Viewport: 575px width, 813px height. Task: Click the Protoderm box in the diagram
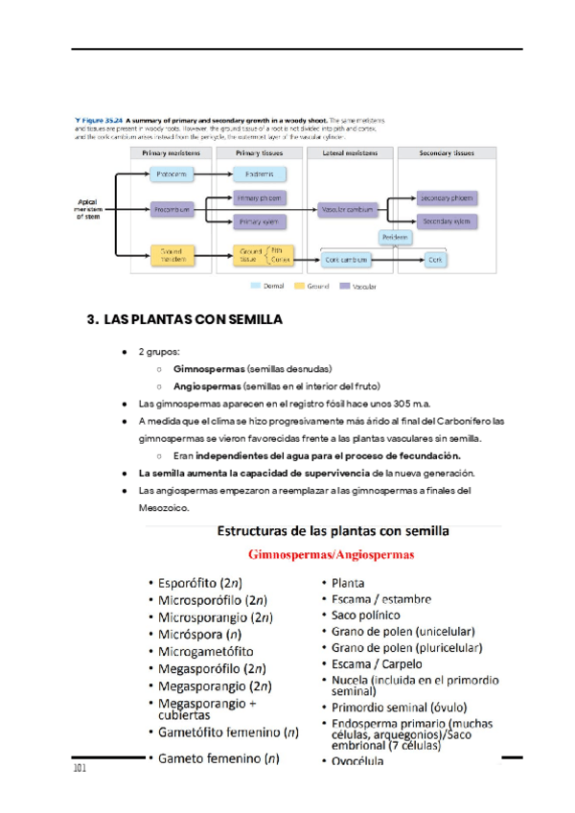tap(172, 174)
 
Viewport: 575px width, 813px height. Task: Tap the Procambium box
tap(172, 208)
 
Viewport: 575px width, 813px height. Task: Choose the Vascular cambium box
tap(346, 208)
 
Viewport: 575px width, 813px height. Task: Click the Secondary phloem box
tap(446, 198)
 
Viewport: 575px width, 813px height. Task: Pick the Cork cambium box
tap(346, 259)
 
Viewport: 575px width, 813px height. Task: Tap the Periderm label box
tap(395, 237)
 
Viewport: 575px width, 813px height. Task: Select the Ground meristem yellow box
tap(172, 255)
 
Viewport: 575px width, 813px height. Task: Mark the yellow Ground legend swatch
tap(299, 286)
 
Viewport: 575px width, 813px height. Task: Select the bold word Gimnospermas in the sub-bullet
tap(208, 368)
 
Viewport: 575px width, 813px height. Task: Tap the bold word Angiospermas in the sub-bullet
tap(207, 385)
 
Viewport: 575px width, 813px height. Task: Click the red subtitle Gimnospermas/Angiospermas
tap(331, 554)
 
